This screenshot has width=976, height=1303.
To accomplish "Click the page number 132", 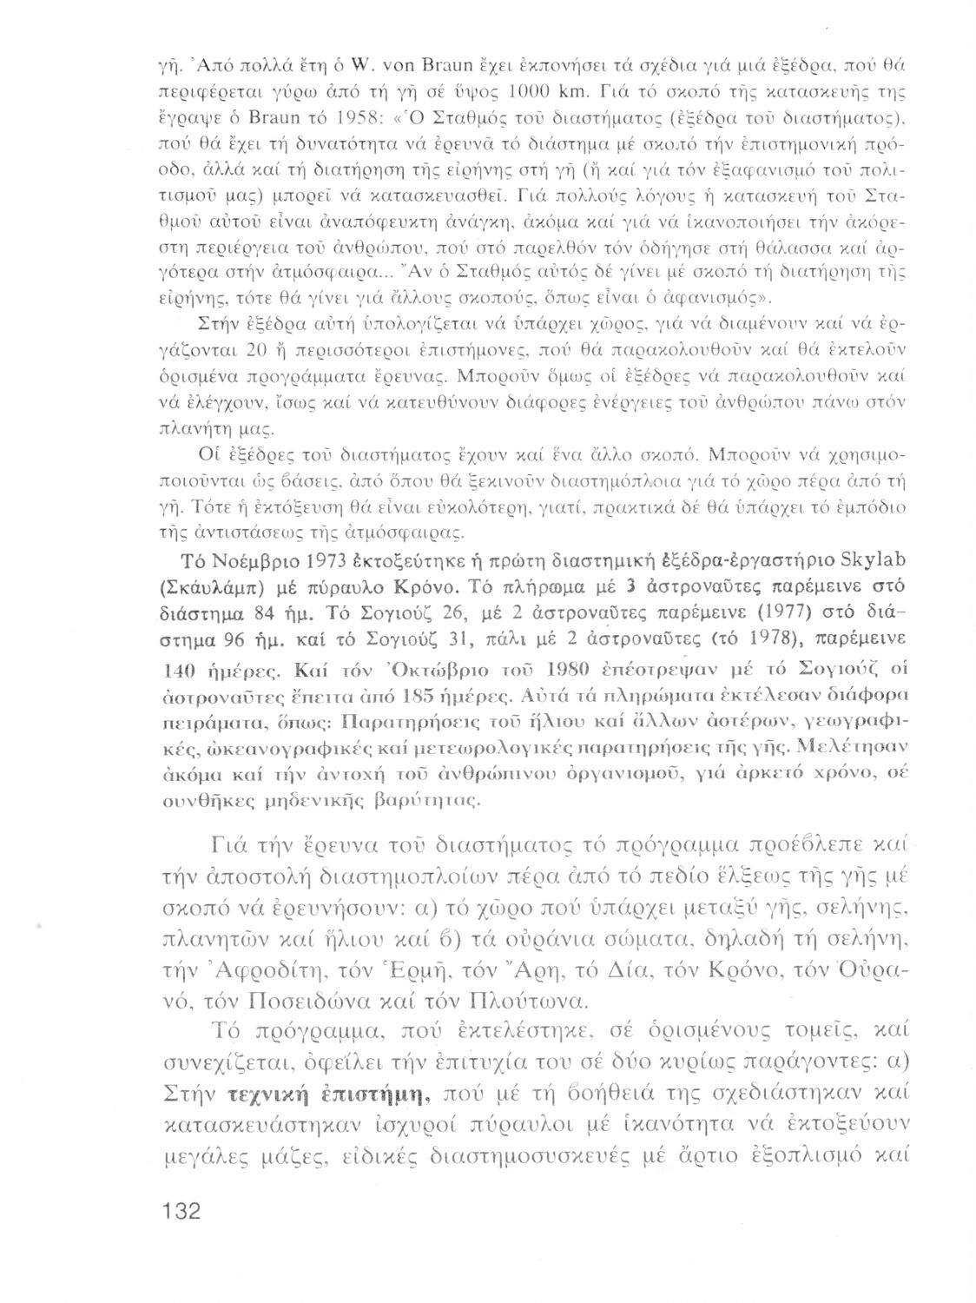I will [x=177, y=1210].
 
